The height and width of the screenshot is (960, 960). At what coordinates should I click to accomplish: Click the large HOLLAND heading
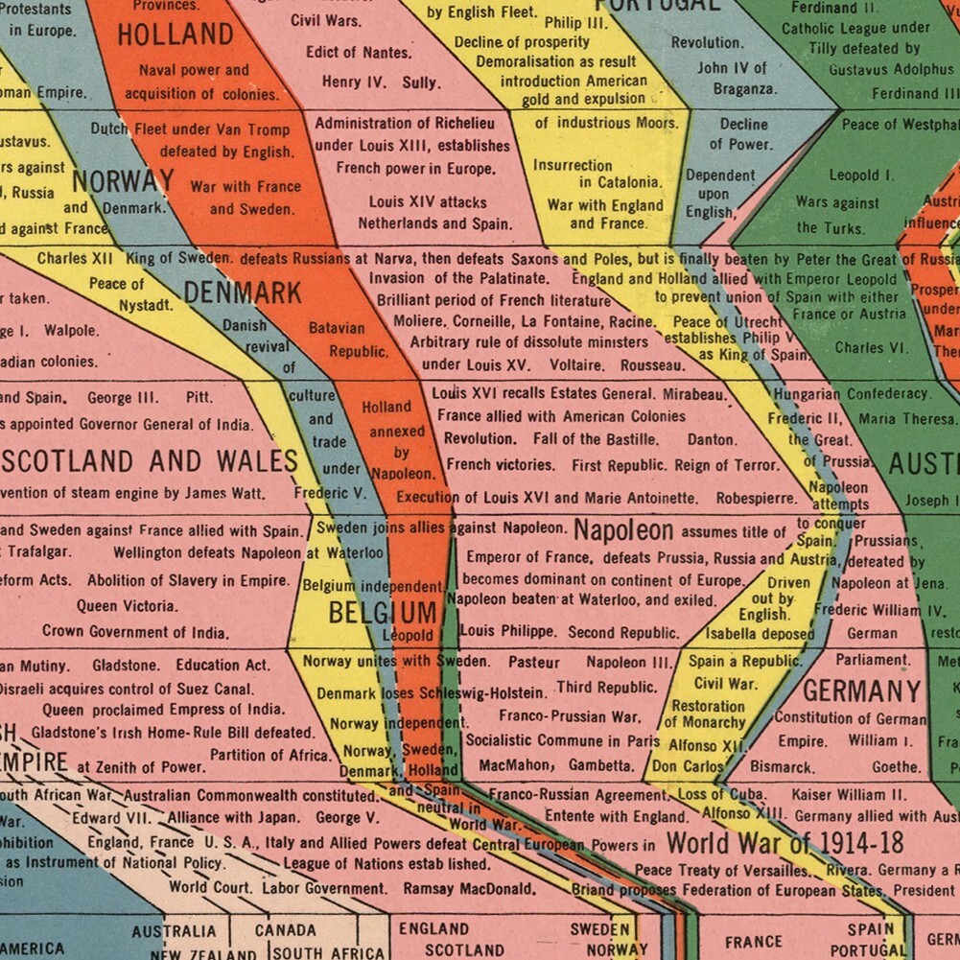tap(176, 35)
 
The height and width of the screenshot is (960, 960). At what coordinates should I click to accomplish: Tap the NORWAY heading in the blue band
tap(124, 180)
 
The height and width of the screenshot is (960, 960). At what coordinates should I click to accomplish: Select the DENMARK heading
tap(243, 293)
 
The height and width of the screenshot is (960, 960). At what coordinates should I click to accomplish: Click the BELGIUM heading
tap(383, 613)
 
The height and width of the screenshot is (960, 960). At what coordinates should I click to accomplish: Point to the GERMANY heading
tap(861, 691)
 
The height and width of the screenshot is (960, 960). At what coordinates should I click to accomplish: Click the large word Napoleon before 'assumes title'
tap(623, 530)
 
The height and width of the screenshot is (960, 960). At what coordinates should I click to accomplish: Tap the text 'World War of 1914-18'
tap(784, 844)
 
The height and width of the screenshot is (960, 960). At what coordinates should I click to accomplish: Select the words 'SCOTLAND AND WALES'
tap(149, 461)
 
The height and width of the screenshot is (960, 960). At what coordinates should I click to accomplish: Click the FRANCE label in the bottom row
tap(753, 942)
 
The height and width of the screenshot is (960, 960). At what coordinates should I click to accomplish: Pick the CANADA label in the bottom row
tap(285, 930)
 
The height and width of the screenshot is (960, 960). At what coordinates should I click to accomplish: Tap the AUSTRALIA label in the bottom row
tap(174, 931)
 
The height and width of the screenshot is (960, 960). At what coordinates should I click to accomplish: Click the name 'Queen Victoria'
tap(128, 606)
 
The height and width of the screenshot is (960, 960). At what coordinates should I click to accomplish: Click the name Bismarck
tap(782, 767)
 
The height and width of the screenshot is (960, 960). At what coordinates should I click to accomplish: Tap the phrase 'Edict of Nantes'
tap(360, 52)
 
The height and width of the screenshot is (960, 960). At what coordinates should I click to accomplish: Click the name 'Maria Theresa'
tap(907, 419)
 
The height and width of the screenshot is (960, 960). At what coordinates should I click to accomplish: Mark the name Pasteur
tap(534, 662)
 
